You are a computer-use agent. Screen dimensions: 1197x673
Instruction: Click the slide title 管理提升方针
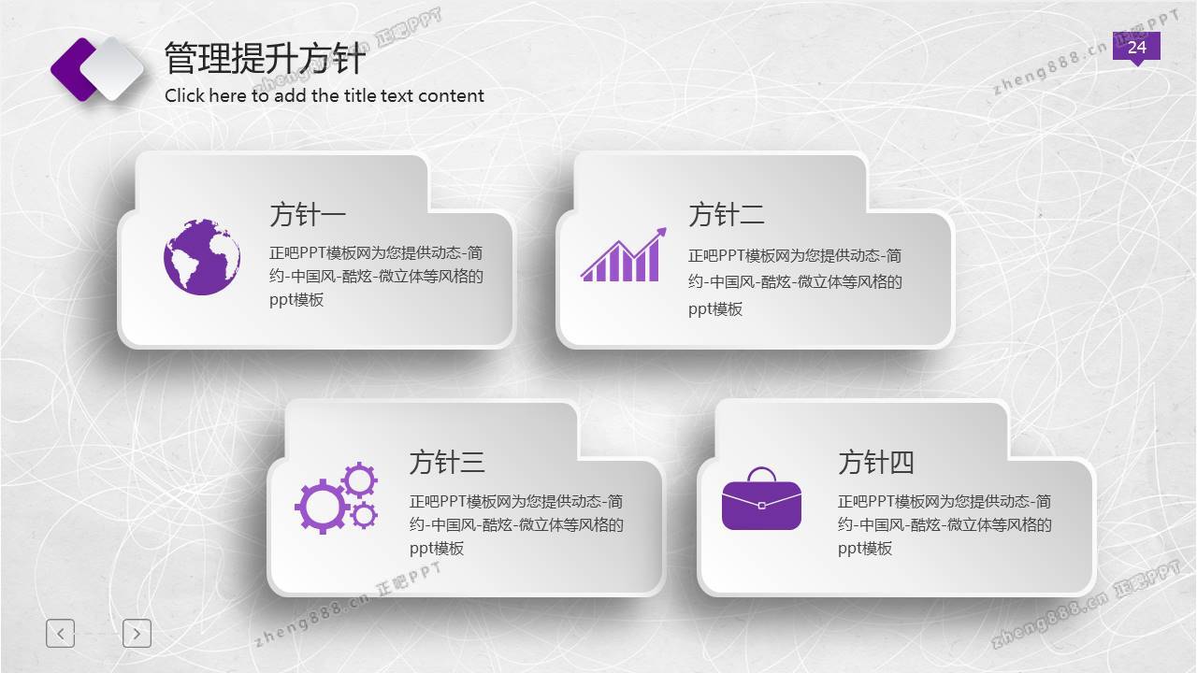click(x=265, y=58)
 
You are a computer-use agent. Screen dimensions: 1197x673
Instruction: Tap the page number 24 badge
click(x=1136, y=48)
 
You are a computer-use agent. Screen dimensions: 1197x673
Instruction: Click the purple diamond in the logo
click(x=74, y=69)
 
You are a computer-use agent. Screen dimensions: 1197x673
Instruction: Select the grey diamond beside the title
click(x=112, y=69)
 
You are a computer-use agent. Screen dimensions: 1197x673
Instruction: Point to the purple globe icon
click(x=202, y=256)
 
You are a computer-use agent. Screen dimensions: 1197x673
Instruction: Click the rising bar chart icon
click(x=624, y=255)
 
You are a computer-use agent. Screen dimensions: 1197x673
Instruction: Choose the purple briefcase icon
click(x=761, y=498)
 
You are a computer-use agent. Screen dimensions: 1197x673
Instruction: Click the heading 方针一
click(x=308, y=214)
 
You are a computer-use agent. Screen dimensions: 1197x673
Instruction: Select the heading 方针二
click(x=727, y=214)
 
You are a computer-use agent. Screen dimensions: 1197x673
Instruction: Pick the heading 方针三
click(x=447, y=462)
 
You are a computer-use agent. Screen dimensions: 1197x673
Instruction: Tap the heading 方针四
click(x=876, y=462)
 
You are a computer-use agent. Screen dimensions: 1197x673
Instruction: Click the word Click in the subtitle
click(x=185, y=95)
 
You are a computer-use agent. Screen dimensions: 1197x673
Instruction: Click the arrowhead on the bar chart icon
click(x=660, y=234)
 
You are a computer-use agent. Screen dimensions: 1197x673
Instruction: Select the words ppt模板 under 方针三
click(x=437, y=549)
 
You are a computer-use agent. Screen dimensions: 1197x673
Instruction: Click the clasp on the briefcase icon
click(x=761, y=506)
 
